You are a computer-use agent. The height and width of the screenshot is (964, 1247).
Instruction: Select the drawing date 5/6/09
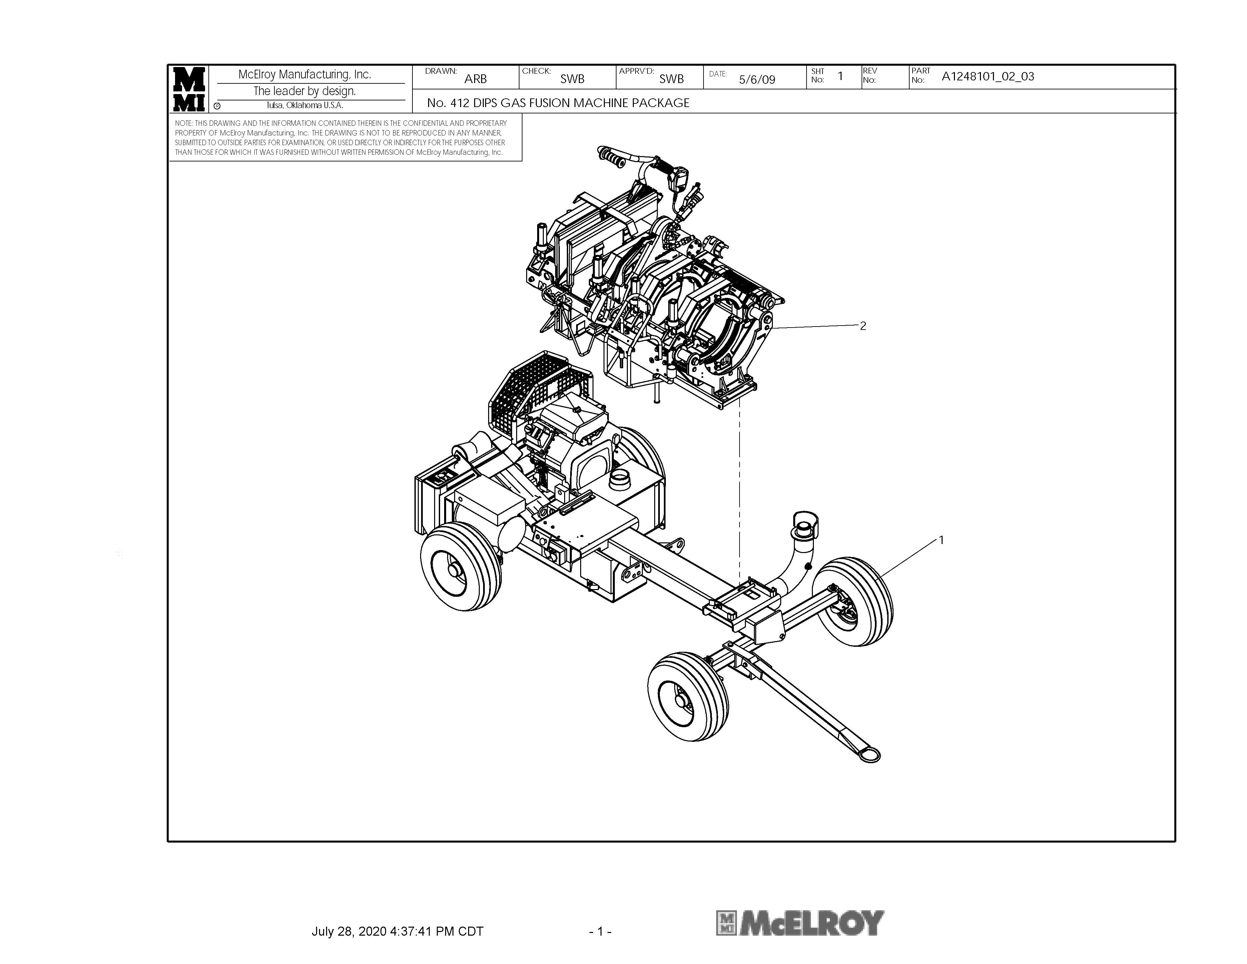coord(757,79)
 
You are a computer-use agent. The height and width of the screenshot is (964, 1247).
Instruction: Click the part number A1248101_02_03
coord(988,76)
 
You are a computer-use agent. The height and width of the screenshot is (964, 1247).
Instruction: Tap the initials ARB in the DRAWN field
coord(475,79)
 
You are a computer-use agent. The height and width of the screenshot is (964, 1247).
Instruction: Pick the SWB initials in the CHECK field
coord(572,79)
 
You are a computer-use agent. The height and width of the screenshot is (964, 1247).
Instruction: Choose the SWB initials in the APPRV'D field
coord(672,79)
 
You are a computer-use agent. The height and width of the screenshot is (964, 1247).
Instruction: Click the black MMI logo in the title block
coord(189,89)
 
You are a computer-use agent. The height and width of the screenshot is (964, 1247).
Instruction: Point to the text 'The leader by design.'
coord(305,91)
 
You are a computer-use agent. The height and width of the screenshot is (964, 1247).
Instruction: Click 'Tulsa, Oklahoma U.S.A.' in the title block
coord(305,106)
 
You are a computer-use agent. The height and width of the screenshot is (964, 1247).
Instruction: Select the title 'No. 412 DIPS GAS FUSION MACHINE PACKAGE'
coord(558,103)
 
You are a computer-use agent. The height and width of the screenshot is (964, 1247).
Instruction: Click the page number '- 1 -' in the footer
coord(600,931)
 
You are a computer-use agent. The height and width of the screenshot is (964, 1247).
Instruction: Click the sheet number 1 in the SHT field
coord(840,76)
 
